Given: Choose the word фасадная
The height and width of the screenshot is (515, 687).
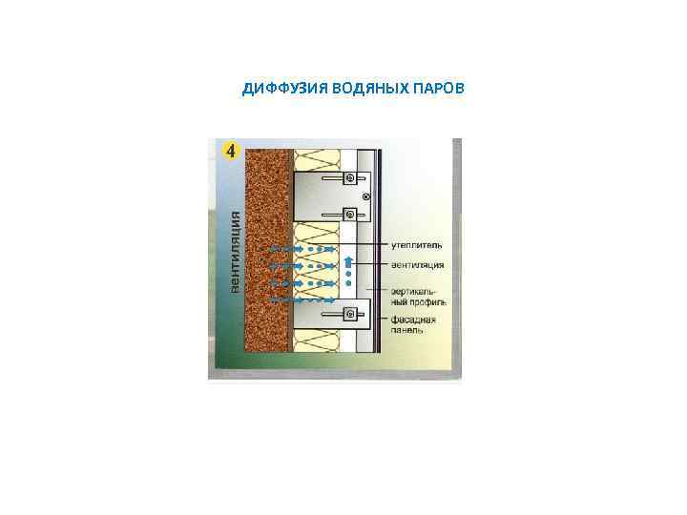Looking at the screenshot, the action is [x=413, y=319].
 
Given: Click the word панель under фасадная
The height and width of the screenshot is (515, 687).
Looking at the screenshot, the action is [x=409, y=331].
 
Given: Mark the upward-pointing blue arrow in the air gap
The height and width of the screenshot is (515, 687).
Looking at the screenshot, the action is [x=349, y=262].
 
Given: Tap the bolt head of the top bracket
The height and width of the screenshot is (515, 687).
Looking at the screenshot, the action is [x=350, y=178].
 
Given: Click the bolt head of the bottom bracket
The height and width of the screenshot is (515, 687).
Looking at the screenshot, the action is [x=350, y=313].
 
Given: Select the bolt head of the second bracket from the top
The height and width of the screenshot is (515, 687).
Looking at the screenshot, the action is [x=350, y=214].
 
